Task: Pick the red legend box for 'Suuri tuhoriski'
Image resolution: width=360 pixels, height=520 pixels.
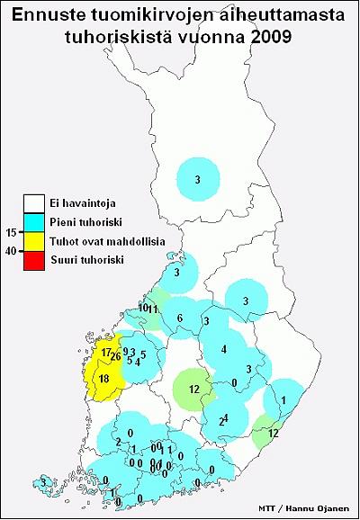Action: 34,260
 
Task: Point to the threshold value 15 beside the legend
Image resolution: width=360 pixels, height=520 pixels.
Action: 12,232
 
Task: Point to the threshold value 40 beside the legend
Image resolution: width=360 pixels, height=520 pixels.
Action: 12,251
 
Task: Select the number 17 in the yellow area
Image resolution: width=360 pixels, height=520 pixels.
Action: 106,352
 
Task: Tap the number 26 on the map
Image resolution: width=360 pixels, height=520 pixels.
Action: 115,357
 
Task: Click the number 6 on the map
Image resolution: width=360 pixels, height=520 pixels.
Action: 180,319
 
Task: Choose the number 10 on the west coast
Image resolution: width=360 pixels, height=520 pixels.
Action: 143,308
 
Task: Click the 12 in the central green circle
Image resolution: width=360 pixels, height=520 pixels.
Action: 194,389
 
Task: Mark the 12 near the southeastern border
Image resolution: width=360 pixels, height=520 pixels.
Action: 274,433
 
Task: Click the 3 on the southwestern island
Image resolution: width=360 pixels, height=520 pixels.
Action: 42,483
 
